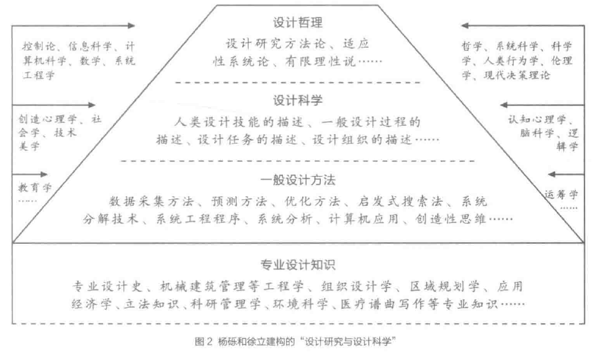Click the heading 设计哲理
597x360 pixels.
tap(298, 22)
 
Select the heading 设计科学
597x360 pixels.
tap(298, 100)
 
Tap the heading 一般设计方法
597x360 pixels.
tap(298, 181)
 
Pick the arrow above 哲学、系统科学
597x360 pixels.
tap(522, 25)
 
